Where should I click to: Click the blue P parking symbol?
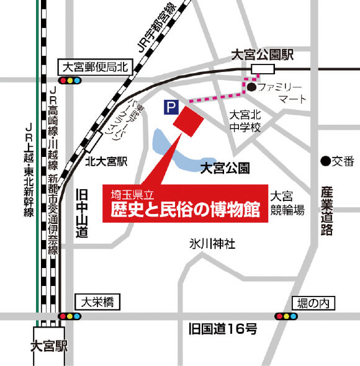pyautogui.click(x=169, y=107)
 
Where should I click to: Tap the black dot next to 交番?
pyautogui.click(x=325, y=161)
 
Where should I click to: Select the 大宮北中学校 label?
pyautogui.click(x=247, y=121)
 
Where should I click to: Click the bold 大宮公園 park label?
pyautogui.click(x=225, y=167)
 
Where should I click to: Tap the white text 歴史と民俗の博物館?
pyautogui.click(x=185, y=209)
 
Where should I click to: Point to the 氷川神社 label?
pyautogui.click(x=213, y=244)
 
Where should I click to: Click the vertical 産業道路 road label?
pyautogui.click(x=327, y=211)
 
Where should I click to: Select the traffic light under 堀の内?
pyautogui.click(x=287, y=316)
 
